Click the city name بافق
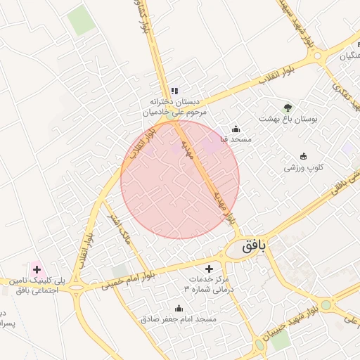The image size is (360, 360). coord(255,246)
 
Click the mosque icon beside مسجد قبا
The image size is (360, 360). coord(236,129)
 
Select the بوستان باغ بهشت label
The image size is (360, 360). coord(288,119)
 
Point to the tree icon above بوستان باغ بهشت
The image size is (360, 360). coord(288,108)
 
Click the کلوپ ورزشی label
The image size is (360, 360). coord(304,167)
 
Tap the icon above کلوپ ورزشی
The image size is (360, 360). coord(303,156)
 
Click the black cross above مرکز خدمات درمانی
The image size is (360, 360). coord(208,269)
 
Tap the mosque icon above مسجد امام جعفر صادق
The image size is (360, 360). coord(179,308)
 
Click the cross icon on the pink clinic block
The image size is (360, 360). coord(36,269)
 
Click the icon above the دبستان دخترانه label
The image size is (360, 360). coord(174,91)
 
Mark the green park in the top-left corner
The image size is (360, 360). coord(82,20)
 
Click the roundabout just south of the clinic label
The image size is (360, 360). coord(76,289)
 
